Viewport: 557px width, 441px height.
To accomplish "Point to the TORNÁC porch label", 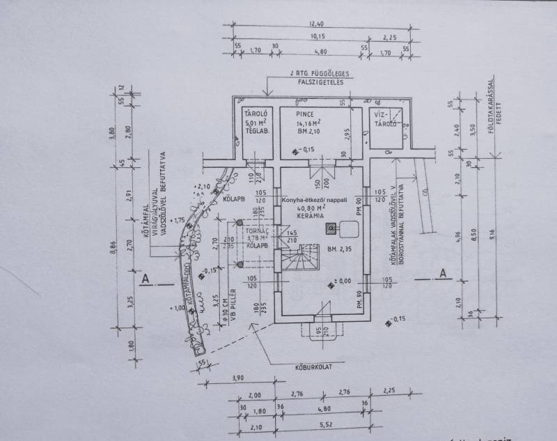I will click(x=258, y=231).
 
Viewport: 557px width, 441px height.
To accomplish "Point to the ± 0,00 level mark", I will click(x=341, y=281).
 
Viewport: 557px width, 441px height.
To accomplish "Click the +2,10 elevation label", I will click(x=203, y=187).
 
